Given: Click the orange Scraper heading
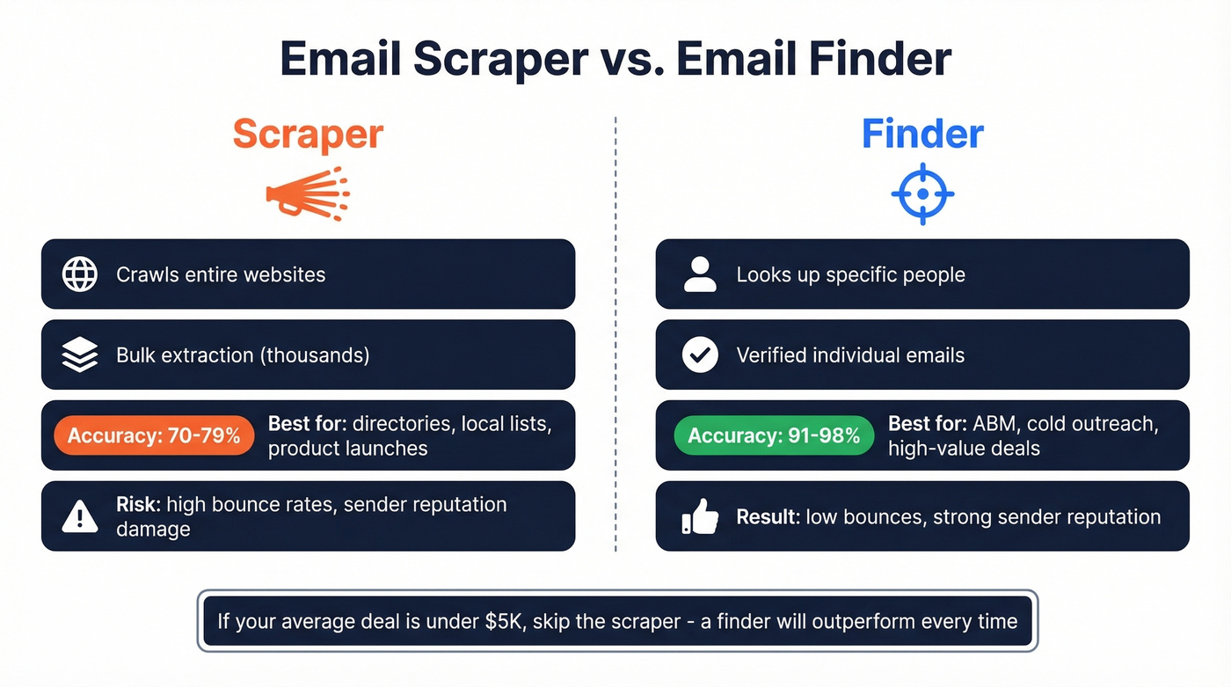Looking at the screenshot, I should click(308, 135).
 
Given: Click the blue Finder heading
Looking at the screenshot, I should click(922, 135).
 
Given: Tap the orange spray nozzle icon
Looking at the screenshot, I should click(308, 193).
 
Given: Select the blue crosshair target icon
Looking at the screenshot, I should click(922, 194).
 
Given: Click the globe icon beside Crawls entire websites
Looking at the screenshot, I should click(80, 274).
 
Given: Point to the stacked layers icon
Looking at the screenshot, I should click(80, 355).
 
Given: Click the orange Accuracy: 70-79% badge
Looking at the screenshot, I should click(154, 435).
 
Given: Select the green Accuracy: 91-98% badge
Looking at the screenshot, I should click(774, 435).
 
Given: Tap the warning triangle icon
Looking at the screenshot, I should click(80, 517).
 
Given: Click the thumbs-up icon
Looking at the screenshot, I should click(700, 517).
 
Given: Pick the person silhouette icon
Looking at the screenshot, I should click(700, 274).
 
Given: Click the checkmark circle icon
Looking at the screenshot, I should click(700, 355).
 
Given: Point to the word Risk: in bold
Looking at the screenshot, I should click(138, 505).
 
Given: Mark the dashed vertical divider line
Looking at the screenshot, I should click(615, 334).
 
